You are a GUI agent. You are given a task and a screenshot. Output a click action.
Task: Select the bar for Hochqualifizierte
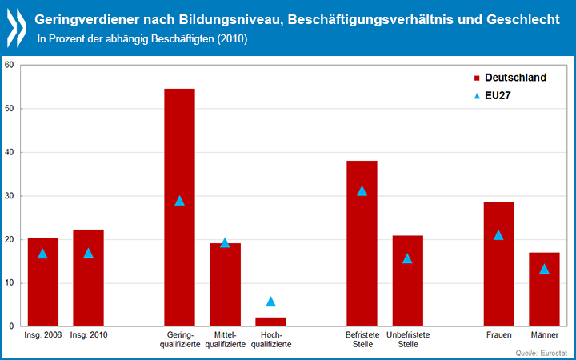coord(270,322)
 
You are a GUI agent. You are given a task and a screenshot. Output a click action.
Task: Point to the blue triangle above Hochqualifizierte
coord(270,302)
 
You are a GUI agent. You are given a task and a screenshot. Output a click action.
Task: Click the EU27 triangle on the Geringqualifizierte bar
coord(179,200)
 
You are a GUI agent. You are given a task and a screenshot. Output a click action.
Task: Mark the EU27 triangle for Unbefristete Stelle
coord(407,258)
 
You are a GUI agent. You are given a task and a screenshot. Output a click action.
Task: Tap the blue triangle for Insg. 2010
coord(88,253)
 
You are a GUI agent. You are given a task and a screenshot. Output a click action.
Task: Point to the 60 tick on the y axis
coord(9,65)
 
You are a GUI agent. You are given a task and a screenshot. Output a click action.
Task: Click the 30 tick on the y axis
coord(9,196)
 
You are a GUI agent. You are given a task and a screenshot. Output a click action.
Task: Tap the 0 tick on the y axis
coord(11,326)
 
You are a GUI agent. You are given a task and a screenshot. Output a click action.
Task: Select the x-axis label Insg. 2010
coord(88,334)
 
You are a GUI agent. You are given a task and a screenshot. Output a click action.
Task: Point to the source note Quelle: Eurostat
coord(542,352)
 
